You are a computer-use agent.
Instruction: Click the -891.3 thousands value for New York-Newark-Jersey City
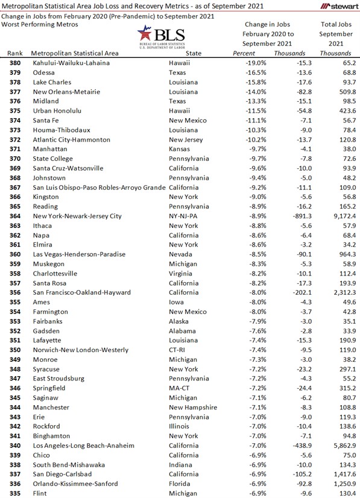284,215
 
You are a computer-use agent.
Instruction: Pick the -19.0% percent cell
241,62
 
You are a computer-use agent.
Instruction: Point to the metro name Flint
39,494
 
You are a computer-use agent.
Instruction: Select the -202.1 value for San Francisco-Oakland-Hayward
284,292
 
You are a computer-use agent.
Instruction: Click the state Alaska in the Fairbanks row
197,321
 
